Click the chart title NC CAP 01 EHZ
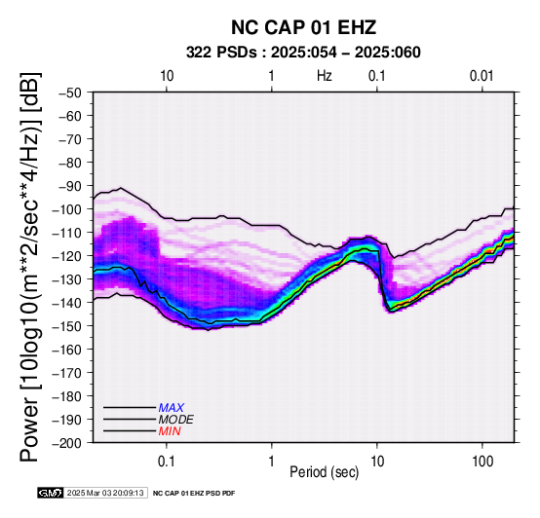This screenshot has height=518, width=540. tap(303, 27)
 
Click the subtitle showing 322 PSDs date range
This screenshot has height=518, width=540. tap(303, 53)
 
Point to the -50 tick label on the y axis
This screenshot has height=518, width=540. tap(69, 92)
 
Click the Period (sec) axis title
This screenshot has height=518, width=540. tap(324, 472)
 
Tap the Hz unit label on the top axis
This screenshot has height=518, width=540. tap(324, 76)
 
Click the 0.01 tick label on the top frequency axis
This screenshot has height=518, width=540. tap(482, 76)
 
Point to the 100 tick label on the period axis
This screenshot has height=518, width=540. tap(482, 462)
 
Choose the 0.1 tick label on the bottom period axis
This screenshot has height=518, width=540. tap(167, 462)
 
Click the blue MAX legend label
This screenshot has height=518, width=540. tap(172, 408)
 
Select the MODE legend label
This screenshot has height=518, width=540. tap(176, 420)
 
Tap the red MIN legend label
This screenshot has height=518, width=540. tap(170, 431)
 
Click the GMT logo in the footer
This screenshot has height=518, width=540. tap(51, 493)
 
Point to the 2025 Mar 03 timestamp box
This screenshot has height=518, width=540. tap(105, 493)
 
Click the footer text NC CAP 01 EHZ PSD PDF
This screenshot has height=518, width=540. tap(194, 494)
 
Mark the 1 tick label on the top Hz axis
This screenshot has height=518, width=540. tap(271, 76)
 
